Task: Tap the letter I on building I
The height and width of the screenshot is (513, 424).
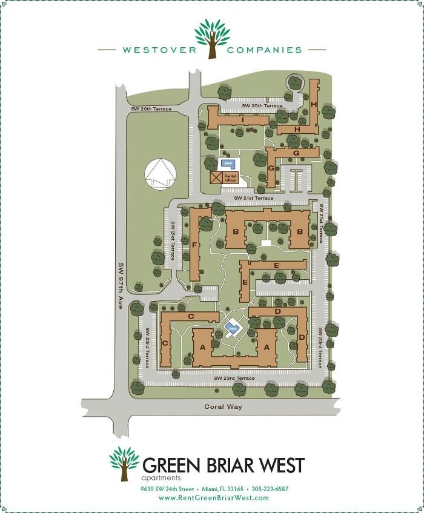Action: (242, 120)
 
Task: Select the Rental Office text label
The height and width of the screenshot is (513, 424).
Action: (230, 177)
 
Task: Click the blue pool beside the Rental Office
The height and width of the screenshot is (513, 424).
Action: (228, 163)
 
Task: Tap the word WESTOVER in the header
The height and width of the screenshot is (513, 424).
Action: (159, 50)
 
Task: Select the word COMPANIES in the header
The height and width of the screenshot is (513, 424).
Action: (264, 50)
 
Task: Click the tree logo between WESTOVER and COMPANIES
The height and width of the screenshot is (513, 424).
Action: (212, 38)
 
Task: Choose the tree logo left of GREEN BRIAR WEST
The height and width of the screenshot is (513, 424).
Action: (124, 463)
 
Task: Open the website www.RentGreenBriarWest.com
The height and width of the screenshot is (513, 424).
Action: (213, 498)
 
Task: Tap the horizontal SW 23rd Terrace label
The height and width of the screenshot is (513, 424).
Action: (235, 379)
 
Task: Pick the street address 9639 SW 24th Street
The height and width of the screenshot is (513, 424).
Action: (167, 489)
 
